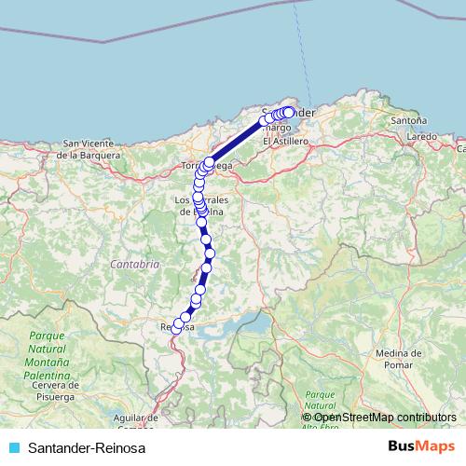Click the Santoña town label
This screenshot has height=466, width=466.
pos(409,120)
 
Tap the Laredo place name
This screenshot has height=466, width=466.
pos(422,136)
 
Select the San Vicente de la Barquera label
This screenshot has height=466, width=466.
pos(89,149)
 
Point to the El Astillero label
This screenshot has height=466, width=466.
pos(285,141)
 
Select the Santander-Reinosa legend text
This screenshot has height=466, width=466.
pos(87,448)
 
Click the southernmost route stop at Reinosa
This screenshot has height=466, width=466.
pos(176,330)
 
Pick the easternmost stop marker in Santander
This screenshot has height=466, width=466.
pos(290,112)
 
